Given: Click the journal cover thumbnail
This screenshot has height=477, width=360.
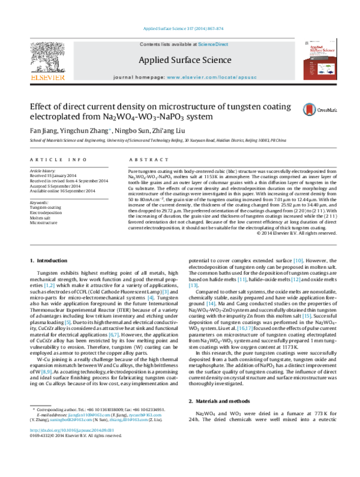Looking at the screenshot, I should pyautogui.click(x=317, y=59).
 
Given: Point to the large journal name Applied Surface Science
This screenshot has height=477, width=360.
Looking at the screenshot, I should pyautogui.click(x=181, y=60).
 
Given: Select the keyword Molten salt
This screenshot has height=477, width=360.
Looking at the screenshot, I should pyautogui.click(x=41, y=217).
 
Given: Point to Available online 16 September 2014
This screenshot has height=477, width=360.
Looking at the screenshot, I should pyautogui.click(x=64, y=190).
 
